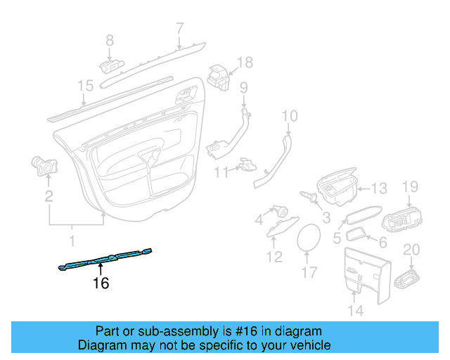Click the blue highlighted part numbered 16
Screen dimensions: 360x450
tap(105, 259)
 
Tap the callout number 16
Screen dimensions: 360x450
tap(101, 283)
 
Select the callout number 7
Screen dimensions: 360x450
tap(179, 29)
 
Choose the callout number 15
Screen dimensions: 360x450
tap(85, 86)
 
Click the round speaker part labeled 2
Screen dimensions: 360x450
tap(46, 167)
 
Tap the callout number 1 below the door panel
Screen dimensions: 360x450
tap(71, 241)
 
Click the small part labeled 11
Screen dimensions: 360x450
tap(245, 165)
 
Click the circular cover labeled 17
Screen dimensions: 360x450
tap(309, 236)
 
